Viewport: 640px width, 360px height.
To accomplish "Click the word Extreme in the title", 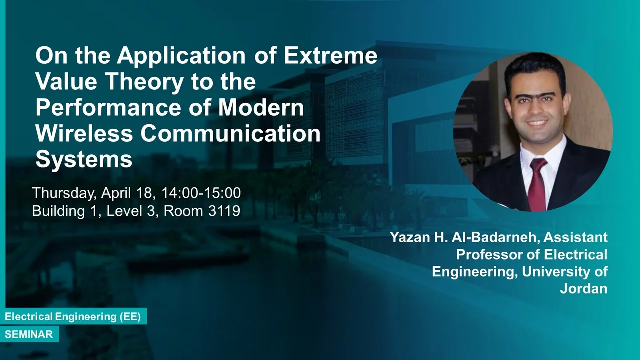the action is point(330,55).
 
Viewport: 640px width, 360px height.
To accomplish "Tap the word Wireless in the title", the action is point(84,133).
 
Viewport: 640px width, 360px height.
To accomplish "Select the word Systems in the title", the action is point(84,160).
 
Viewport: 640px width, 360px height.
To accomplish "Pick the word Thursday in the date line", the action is point(63,193).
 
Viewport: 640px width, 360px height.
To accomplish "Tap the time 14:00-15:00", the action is point(201,193).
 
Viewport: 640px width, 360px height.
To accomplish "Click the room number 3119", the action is point(224,211).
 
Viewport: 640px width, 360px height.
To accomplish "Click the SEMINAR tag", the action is point(29,334).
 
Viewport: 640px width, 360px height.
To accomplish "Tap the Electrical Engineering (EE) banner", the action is point(73,316).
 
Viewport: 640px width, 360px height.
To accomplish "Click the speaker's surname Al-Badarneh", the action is point(496,237).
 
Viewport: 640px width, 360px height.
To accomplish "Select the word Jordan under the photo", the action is point(583,288).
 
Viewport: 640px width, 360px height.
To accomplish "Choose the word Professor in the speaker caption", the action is point(489,254).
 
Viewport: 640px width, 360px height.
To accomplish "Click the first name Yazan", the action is point(409,237).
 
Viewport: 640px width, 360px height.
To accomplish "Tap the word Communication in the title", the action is point(230,133).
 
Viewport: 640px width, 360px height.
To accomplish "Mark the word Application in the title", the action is point(181,56).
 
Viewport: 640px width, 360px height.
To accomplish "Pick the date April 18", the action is point(126,193).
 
